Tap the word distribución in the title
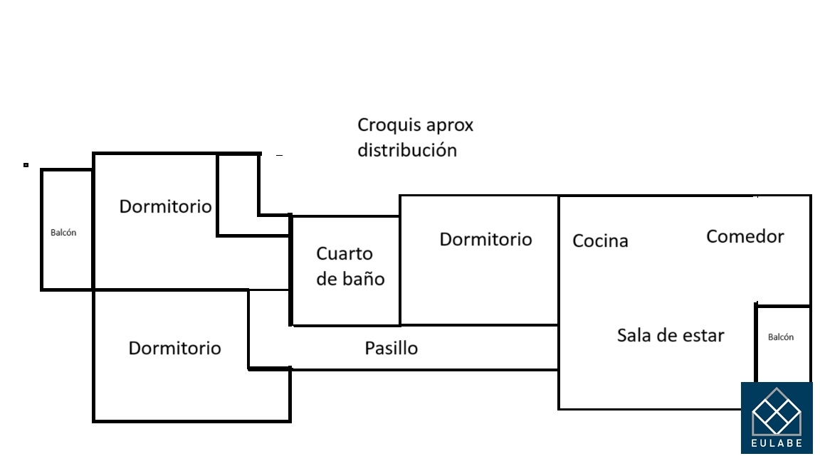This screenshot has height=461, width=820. (406, 151)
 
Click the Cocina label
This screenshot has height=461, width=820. (600, 241)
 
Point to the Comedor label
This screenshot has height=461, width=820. (745, 236)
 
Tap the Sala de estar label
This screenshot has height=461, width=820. (670, 335)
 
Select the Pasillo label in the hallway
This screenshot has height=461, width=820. (391, 349)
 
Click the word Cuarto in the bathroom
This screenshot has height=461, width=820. (345, 254)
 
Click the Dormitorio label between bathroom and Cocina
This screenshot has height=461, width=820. (485, 239)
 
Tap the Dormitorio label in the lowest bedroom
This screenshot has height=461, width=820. (174, 349)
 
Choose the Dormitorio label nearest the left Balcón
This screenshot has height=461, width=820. (165, 206)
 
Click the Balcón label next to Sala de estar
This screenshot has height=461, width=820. (780, 337)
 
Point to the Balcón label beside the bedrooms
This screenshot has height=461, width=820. (63, 233)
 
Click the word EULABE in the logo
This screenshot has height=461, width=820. (777, 443)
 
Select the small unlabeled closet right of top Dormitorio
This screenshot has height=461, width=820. (238, 194)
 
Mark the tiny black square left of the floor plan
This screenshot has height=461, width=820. (26, 165)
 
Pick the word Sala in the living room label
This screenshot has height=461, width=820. (633, 335)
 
